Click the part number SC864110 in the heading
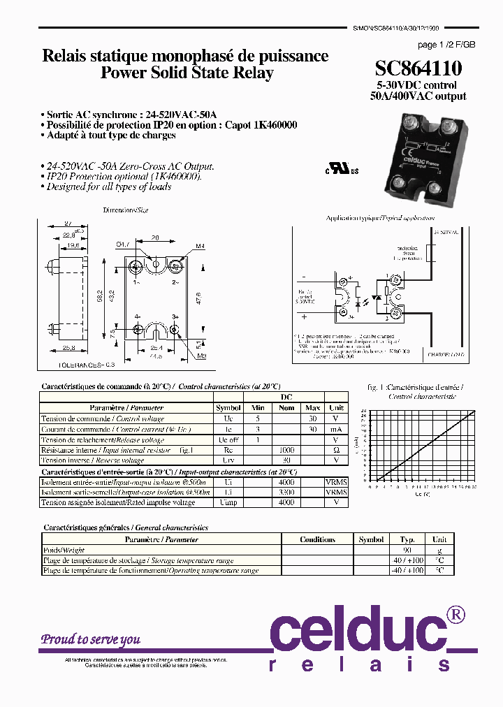point(418,68)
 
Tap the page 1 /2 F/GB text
point(446,45)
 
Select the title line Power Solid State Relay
point(187,73)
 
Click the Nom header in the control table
point(286,408)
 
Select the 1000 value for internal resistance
point(286,451)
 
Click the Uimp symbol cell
point(228,502)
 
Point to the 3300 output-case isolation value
point(286,492)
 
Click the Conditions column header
point(317,539)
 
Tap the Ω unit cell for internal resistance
point(336,451)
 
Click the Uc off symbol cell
point(228,440)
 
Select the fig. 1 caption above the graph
point(415,386)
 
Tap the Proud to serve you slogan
point(90,639)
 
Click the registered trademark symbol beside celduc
point(455,615)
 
